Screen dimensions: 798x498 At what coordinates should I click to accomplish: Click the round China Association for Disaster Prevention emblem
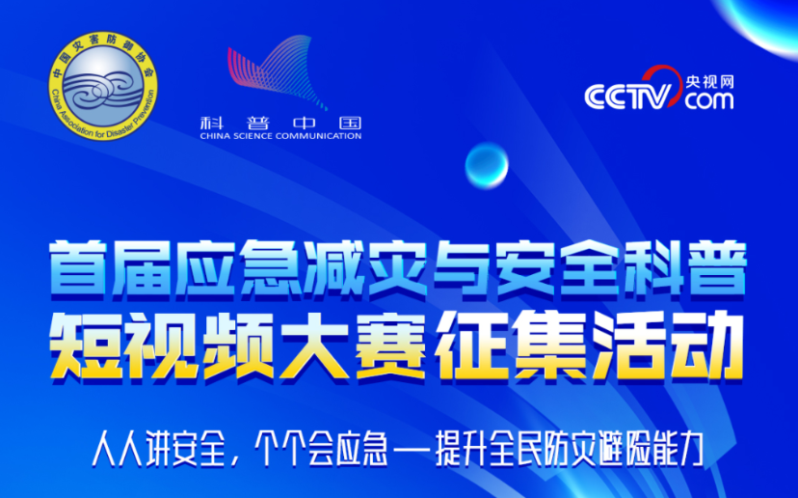point(103,85)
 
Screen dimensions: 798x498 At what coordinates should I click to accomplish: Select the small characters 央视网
point(709,82)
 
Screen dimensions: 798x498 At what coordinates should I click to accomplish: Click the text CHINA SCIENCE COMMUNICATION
point(280,136)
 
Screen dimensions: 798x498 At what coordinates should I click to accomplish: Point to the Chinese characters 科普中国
point(280,123)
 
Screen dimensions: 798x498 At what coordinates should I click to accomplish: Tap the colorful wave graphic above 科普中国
point(278,71)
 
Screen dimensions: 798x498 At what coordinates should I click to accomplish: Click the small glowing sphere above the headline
point(487,166)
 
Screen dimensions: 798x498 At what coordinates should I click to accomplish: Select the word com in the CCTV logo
point(709,100)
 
